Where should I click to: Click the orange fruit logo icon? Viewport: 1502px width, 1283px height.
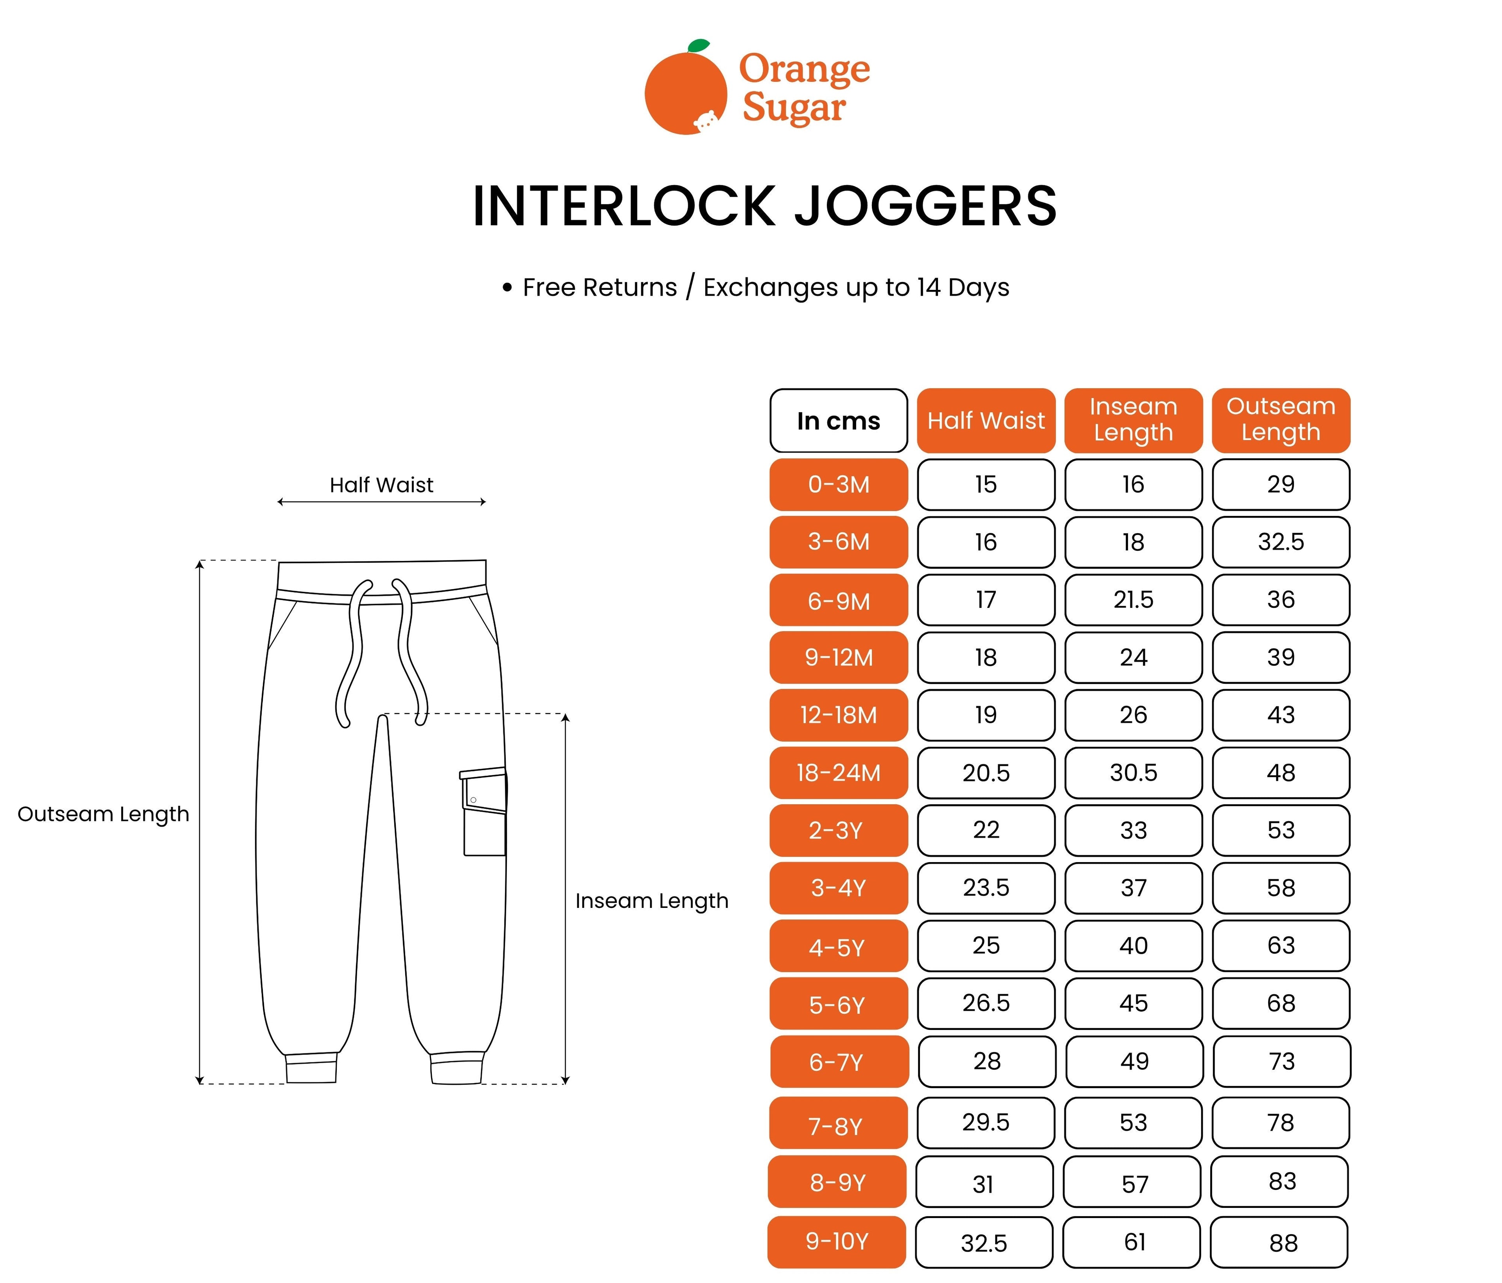click(685, 92)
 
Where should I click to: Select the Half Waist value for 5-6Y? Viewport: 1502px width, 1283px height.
click(986, 1003)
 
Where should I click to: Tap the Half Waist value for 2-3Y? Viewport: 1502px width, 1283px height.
click(986, 830)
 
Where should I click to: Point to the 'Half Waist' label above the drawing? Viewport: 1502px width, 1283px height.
click(381, 485)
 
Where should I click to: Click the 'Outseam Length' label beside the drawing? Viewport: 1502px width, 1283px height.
click(103, 814)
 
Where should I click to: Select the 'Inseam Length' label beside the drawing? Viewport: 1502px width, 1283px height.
click(652, 901)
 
